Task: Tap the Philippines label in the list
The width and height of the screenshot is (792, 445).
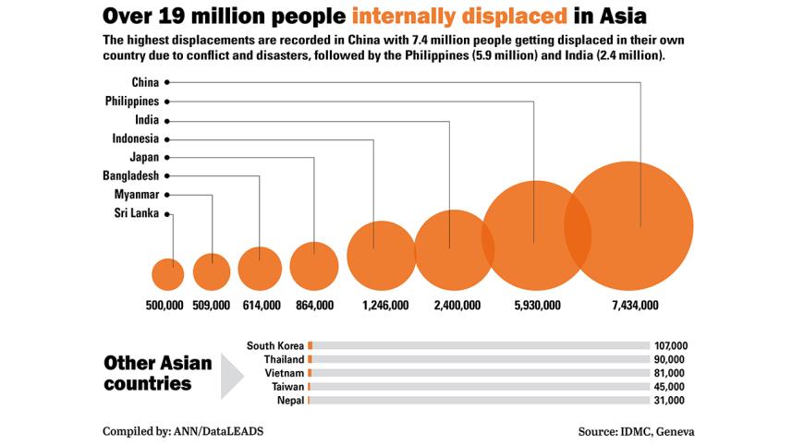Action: coord(133,101)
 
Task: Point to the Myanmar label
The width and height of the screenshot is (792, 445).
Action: coord(136,195)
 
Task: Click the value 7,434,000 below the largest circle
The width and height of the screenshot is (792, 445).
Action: coord(635,305)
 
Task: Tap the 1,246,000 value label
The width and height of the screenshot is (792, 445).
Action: coord(385,305)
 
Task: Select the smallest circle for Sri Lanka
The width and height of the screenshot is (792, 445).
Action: coord(168,274)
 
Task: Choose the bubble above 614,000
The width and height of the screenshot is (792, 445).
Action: coord(260,269)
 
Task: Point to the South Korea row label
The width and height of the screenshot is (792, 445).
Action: coord(275,345)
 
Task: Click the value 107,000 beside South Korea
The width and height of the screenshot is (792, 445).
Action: coord(670,345)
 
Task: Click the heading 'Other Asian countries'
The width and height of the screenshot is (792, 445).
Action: coord(157,372)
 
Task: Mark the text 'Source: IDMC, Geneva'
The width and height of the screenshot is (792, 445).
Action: coord(637,431)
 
